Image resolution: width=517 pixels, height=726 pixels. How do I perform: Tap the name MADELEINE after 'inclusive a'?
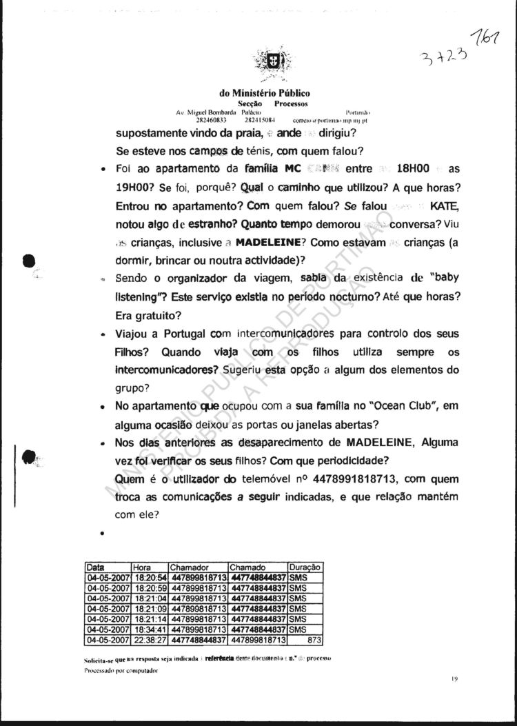click(x=272, y=243)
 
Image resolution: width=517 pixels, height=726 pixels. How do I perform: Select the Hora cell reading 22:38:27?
click(x=150, y=639)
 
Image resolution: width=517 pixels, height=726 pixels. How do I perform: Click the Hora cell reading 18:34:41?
click(x=150, y=629)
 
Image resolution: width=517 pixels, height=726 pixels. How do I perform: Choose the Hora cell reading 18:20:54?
click(x=150, y=577)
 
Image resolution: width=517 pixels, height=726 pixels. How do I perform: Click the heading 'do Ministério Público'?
click(x=265, y=93)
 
